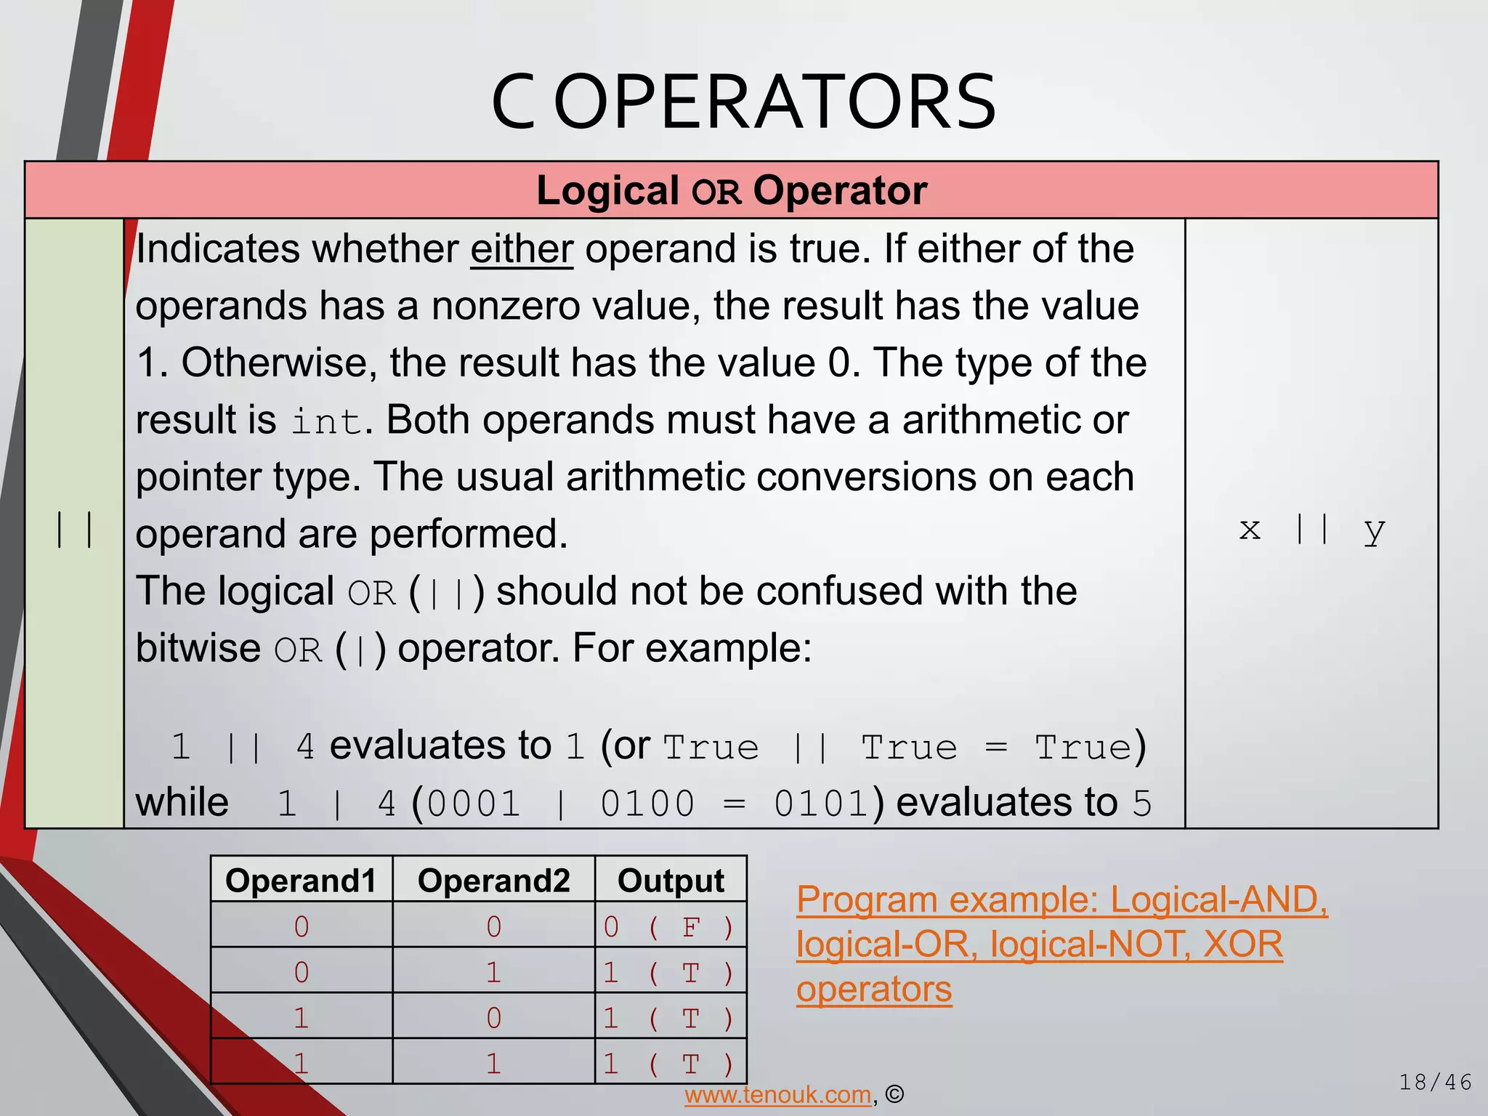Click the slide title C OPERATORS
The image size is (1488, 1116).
click(x=743, y=102)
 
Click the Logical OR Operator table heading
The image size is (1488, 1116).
click(x=731, y=190)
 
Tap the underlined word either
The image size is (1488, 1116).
click(x=522, y=249)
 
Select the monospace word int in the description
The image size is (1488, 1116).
click(x=326, y=422)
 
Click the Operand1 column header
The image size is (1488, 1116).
click(x=301, y=881)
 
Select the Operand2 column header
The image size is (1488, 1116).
click(x=493, y=881)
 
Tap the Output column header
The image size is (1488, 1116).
click(x=670, y=881)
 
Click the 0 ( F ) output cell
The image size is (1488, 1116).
click(x=670, y=927)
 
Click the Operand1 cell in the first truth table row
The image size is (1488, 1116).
click(x=301, y=927)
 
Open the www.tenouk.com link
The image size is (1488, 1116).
click(x=777, y=1095)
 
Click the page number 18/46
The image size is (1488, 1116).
click(x=1435, y=1083)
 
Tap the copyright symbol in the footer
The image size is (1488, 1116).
click(x=895, y=1095)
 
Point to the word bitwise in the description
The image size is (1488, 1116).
click(x=198, y=647)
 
